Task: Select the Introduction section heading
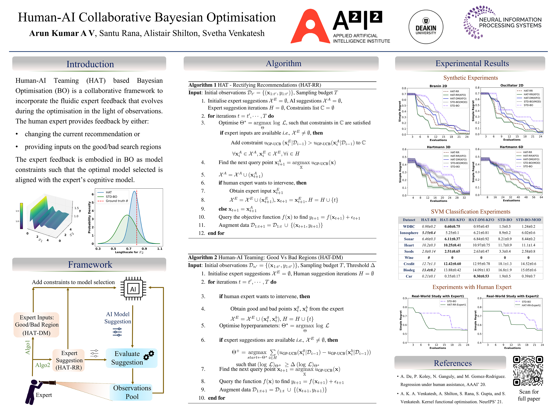tap(90, 64)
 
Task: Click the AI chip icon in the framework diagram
tap(133, 289)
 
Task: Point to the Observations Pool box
tap(132, 392)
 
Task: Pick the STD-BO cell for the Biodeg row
tap(505, 270)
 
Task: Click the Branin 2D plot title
tap(438, 86)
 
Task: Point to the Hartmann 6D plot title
tap(511, 147)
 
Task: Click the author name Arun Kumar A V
tap(62, 33)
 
